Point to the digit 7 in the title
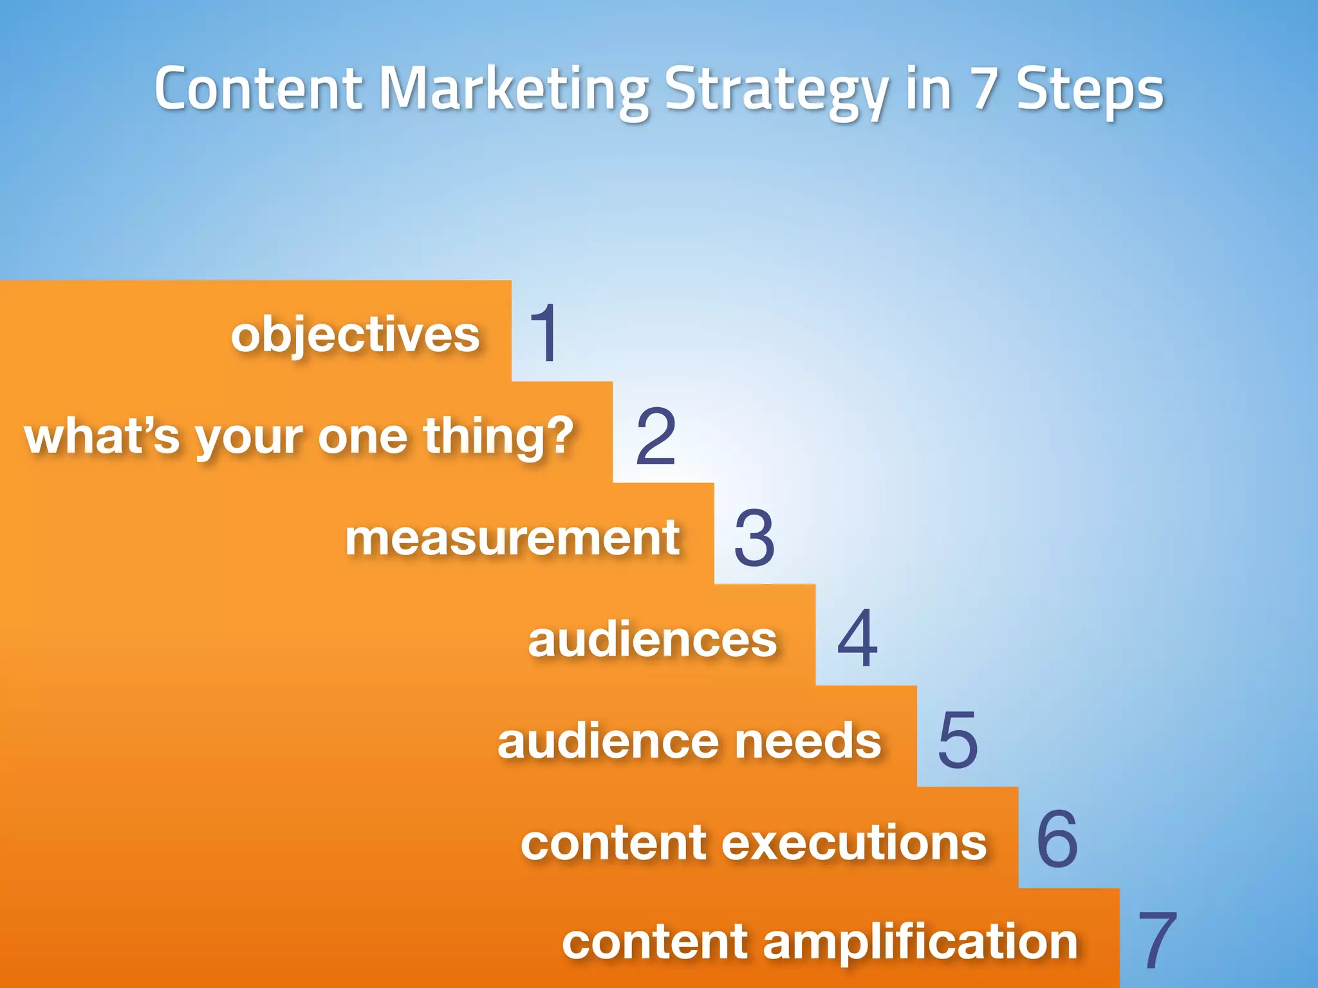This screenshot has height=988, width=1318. point(983,89)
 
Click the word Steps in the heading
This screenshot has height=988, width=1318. point(1090,90)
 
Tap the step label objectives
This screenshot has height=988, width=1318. point(355,335)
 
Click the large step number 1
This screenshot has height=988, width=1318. point(544,333)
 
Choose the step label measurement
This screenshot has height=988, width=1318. point(512,538)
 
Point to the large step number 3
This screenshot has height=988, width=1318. point(754,538)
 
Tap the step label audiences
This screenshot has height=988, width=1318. point(653,639)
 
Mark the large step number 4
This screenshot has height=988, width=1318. point(857,639)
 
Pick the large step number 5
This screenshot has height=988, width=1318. point(958,740)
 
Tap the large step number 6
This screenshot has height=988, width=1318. point(1057,839)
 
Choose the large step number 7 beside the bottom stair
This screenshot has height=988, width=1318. point(1156,940)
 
